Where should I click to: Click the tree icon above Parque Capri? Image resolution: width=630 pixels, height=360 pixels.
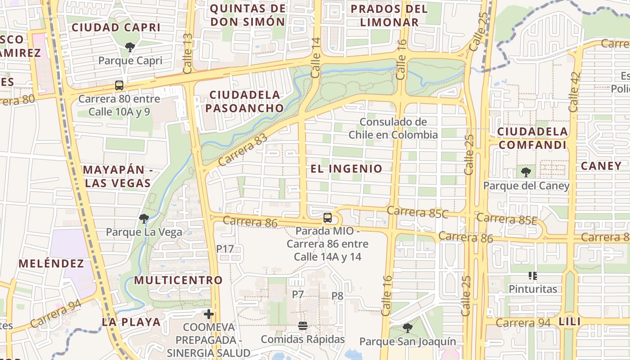point(130,46)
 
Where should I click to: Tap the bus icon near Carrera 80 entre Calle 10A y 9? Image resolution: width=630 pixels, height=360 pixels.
point(119,85)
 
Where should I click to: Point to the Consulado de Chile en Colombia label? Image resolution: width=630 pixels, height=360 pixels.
point(393,128)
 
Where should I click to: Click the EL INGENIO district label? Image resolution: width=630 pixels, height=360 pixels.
point(346,169)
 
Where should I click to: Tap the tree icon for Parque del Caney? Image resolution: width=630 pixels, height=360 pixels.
point(526,172)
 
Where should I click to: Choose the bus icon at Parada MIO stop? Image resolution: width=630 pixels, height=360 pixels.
point(328,218)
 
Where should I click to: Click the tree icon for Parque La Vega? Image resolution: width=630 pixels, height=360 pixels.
point(144,219)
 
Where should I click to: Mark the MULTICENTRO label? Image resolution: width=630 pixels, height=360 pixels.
point(179,280)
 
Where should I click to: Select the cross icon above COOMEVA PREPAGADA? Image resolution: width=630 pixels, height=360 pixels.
point(208,314)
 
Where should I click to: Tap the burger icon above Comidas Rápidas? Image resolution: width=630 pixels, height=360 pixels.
point(303,325)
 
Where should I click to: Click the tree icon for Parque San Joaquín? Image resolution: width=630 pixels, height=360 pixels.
point(407,328)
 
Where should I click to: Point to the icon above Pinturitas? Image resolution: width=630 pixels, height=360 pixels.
point(533,275)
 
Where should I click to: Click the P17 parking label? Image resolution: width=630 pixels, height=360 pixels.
point(225,249)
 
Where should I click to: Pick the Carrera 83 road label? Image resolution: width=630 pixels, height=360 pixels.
point(242,150)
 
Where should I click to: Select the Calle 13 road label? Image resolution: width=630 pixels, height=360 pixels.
point(188,53)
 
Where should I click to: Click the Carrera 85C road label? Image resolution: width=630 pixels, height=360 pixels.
point(418,212)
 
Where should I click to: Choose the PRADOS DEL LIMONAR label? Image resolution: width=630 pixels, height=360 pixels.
point(389,15)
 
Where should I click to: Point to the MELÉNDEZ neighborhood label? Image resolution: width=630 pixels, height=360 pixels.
point(51,263)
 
